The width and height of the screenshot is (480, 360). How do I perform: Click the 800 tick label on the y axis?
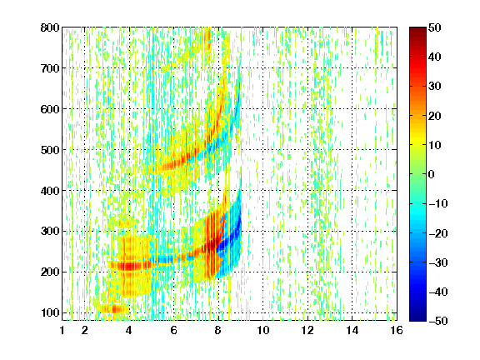(50, 27)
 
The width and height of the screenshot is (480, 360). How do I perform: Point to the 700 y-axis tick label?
(50, 68)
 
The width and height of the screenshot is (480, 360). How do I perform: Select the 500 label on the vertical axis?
(50, 150)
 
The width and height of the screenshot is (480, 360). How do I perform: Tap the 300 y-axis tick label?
(50, 231)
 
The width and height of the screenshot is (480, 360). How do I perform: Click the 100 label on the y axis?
(50, 312)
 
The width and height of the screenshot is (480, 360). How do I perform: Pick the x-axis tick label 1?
(62, 330)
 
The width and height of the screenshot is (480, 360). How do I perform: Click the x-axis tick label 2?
(85, 330)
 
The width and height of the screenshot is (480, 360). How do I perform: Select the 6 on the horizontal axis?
(174, 330)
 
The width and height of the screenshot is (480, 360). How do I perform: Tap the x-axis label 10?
(263, 330)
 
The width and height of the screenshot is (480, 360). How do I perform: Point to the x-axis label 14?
(352, 330)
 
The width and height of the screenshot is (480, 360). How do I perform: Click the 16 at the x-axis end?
(397, 330)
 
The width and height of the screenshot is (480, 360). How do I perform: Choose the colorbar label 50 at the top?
(435, 27)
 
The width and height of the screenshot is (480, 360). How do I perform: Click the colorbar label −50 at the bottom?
(438, 321)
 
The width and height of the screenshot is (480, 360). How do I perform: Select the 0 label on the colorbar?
(432, 174)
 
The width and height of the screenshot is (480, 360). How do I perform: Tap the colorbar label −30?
(438, 262)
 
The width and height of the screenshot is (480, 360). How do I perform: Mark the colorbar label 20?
(435, 116)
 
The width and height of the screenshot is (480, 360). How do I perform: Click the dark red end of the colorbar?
(417, 32)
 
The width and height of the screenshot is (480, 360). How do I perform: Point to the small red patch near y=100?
(115, 309)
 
